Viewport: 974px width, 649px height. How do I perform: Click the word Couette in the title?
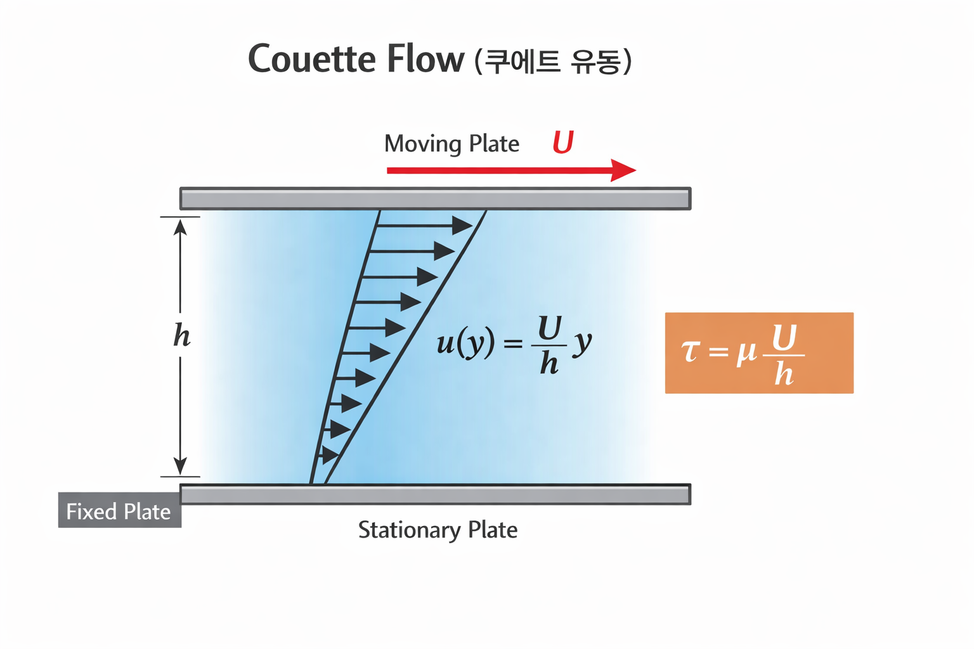pos(312,59)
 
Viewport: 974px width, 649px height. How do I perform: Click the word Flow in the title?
pos(425,59)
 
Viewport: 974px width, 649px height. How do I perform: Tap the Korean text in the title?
pos(553,61)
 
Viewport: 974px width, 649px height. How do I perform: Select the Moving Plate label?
pos(451,143)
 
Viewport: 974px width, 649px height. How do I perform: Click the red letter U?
pos(563,142)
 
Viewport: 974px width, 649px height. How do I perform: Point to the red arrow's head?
pos(623,170)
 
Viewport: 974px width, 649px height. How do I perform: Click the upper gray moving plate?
pos(435,198)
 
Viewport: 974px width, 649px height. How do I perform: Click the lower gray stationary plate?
pos(435,494)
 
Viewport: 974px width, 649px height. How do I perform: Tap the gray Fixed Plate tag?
pos(120,510)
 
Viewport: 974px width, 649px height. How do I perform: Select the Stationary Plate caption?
pos(438,530)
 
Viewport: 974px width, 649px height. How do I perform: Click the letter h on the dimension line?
pos(182,335)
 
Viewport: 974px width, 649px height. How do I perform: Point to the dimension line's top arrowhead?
pos(180,227)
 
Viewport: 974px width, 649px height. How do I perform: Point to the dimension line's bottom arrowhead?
pos(180,466)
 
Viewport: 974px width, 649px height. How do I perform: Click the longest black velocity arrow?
pos(425,226)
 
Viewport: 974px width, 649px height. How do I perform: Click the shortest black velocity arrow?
pos(329,455)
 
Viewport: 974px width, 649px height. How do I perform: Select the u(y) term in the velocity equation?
pos(465,343)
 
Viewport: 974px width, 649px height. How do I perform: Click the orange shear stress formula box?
pos(759,353)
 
